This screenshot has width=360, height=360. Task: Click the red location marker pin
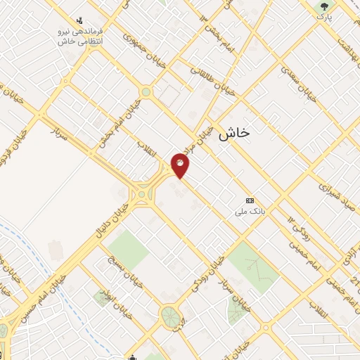[181, 166]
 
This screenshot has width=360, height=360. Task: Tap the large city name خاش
[234, 133]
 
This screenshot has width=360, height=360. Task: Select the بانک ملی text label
[250, 211]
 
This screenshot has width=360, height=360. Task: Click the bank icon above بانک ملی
[250, 200]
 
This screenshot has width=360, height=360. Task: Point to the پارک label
[323, 16]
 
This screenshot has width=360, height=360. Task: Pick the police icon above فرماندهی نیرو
[79, 21]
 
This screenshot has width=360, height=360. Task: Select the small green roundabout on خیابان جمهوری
[146, 91]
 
